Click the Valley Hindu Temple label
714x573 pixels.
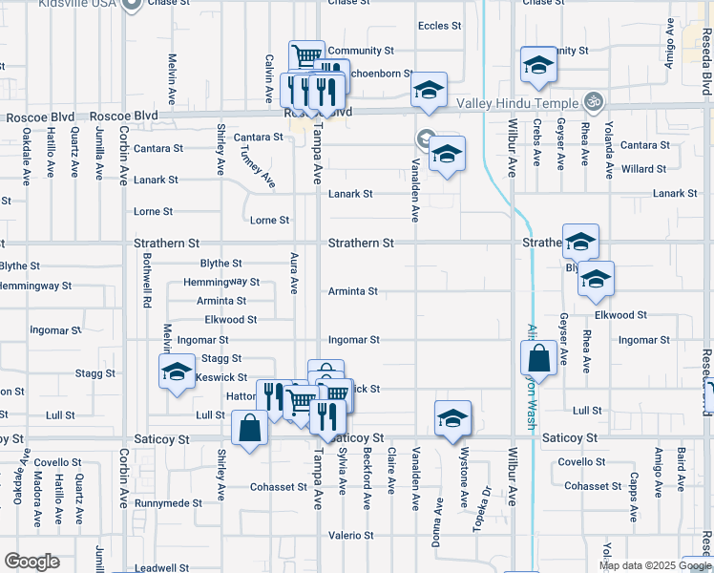pyautogui.click(x=517, y=103)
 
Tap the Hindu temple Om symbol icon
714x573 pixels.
pyautogui.click(x=593, y=100)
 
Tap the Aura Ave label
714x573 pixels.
pyautogui.click(x=295, y=273)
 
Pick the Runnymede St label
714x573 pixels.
pyautogui.click(x=168, y=502)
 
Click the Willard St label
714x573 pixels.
pyautogui.click(x=643, y=169)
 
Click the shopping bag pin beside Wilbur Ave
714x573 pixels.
pyautogui.click(x=538, y=360)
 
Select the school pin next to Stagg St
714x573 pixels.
pyautogui.click(x=177, y=371)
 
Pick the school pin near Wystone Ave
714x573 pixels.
pyautogui.click(x=452, y=417)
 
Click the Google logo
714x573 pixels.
pyautogui.click(x=31, y=562)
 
